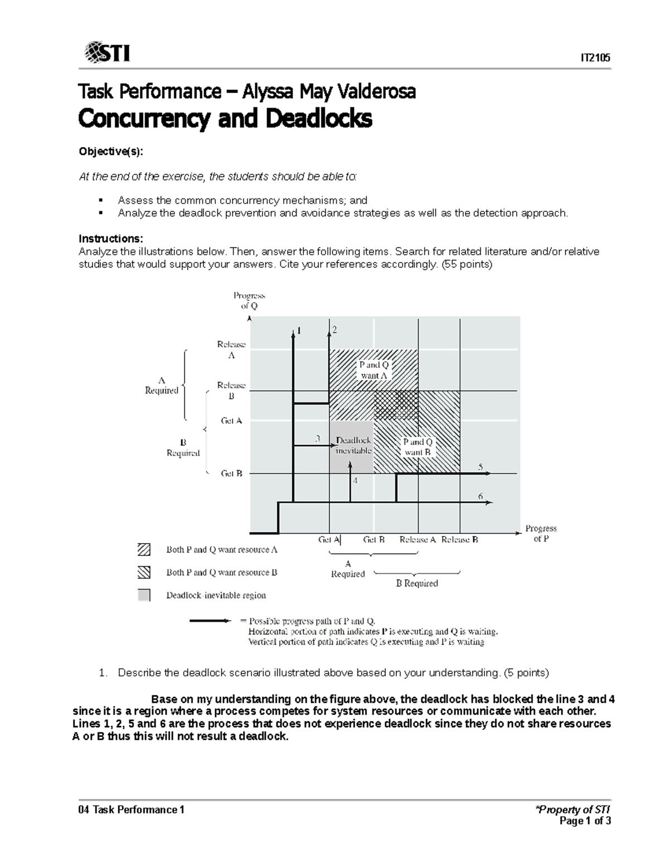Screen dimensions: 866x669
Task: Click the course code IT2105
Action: (595, 57)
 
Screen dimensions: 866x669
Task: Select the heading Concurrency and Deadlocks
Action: (225, 119)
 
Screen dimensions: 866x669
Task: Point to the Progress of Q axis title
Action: (249, 301)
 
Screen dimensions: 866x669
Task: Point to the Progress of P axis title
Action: (541, 533)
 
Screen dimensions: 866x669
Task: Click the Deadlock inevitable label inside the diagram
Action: (353, 445)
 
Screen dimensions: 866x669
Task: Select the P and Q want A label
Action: (374, 370)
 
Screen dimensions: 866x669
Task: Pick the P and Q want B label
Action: (418, 447)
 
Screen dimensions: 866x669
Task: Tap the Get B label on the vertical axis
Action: (231, 473)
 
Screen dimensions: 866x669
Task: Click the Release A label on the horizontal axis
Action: (417, 540)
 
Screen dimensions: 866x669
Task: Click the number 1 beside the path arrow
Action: (299, 330)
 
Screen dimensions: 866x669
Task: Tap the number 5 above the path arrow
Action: (481, 467)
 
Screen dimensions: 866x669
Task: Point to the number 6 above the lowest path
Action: (481, 496)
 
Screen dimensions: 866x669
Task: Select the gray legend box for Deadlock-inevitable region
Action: (144, 595)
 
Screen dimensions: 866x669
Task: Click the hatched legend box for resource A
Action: (144, 549)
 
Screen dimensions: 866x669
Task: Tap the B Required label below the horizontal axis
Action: (417, 583)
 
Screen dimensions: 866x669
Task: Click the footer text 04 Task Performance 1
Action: (132, 810)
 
